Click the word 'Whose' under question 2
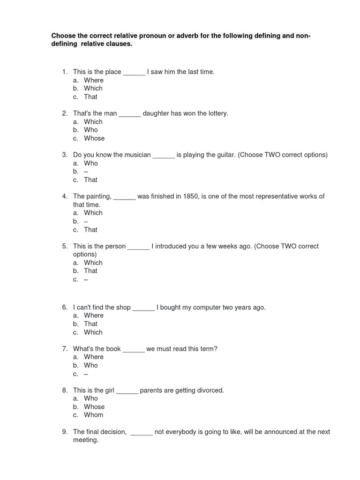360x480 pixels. pyautogui.click(x=94, y=138)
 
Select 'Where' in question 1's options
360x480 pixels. pyautogui.click(x=94, y=80)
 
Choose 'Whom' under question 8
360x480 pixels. pyautogui.click(x=94, y=415)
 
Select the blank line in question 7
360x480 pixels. pyautogui.click(x=134, y=349)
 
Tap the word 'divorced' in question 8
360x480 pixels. pyautogui.click(x=209, y=390)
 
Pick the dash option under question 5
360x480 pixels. pyautogui.click(x=86, y=279)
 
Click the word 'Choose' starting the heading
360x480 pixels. pyautogui.click(x=62, y=36)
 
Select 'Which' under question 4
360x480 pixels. pyautogui.click(x=93, y=213)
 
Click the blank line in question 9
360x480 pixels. pyautogui.click(x=142, y=432)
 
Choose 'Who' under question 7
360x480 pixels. pyautogui.click(x=91, y=365)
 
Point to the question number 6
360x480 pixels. pyautogui.click(x=65, y=307)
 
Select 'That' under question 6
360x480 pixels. pyautogui.click(x=91, y=324)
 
